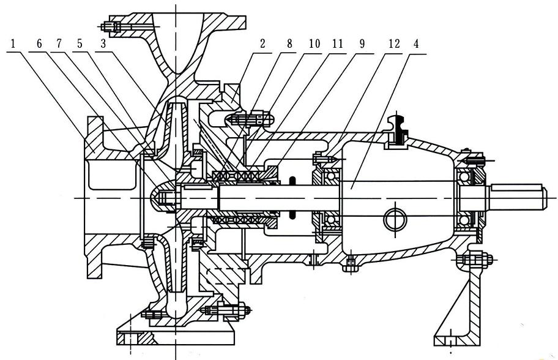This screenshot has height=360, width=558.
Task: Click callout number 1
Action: pyautogui.click(x=14, y=44)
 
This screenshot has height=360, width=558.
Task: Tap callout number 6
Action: pyautogui.click(x=39, y=44)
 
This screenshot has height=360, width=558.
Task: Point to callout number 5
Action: pyautogui.click(x=80, y=44)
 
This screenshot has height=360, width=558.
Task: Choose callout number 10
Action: pyautogui.click(x=314, y=44)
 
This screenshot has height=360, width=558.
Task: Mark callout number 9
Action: pyautogui.click(x=362, y=44)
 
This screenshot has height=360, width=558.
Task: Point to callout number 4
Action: pyautogui.click(x=417, y=44)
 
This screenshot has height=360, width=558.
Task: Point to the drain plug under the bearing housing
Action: pyautogui.click(x=349, y=265)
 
